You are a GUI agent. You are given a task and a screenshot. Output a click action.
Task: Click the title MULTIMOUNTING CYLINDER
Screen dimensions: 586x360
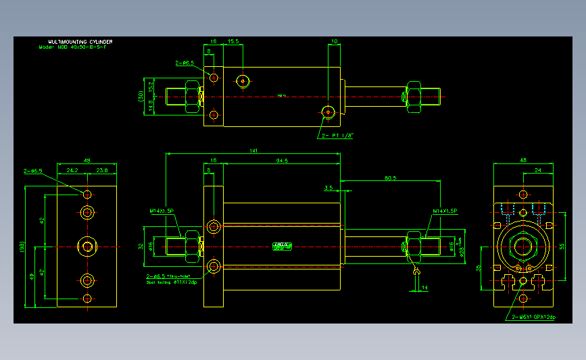coord(76,42)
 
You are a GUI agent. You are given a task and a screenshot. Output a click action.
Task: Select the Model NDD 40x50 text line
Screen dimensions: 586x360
coord(76,47)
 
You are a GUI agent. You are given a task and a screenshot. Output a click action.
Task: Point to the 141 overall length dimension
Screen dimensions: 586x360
coord(253,151)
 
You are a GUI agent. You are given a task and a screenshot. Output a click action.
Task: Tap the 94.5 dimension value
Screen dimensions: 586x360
coord(282,161)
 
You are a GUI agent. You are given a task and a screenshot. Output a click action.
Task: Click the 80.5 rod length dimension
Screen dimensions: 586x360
coord(390,178)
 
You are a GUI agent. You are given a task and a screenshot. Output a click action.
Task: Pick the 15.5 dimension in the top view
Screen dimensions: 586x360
coord(234,42)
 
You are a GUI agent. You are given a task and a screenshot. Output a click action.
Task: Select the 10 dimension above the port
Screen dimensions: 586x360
coord(335,42)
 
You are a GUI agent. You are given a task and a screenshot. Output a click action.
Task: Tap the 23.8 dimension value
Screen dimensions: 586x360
coord(102,170)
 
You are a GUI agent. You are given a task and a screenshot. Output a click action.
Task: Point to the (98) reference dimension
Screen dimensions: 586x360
coord(22,247)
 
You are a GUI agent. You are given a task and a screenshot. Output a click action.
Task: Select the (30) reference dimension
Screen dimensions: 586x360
coord(141,97)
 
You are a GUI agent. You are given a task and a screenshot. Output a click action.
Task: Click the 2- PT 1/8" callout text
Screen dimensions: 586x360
coord(338,136)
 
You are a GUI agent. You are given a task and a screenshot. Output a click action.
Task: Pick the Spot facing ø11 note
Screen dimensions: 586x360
coord(172,282)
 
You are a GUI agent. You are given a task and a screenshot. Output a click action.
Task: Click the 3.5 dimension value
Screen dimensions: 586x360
coord(328,188)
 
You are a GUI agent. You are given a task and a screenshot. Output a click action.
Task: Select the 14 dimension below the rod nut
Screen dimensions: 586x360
coord(424,288)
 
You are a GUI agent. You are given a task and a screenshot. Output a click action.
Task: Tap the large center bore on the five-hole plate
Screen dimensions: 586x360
coord(87,247)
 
